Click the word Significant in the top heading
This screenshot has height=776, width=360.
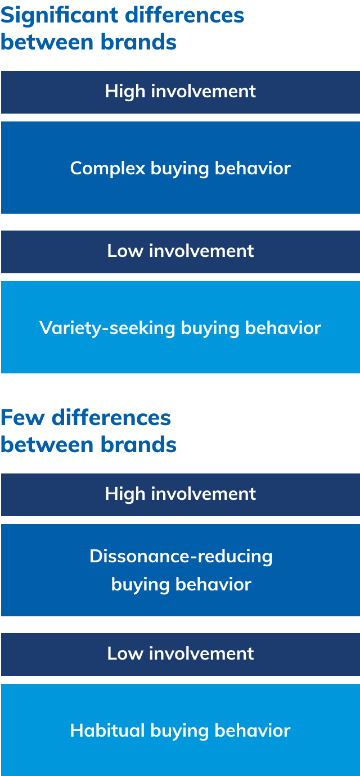tap(59, 15)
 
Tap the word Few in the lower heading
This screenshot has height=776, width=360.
tap(22, 418)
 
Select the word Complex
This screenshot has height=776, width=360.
tap(107, 168)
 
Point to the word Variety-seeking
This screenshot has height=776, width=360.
tap(107, 328)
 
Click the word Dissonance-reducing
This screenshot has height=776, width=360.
tap(181, 556)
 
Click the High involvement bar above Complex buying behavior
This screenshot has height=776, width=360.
tap(180, 92)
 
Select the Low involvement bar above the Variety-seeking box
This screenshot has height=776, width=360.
tap(180, 251)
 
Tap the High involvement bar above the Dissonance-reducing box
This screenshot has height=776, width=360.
tap(180, 494)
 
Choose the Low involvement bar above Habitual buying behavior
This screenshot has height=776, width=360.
tap(180, 654)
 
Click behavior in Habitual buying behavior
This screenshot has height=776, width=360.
tap(253, 730)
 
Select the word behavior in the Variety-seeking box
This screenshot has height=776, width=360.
tap(283, 328)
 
